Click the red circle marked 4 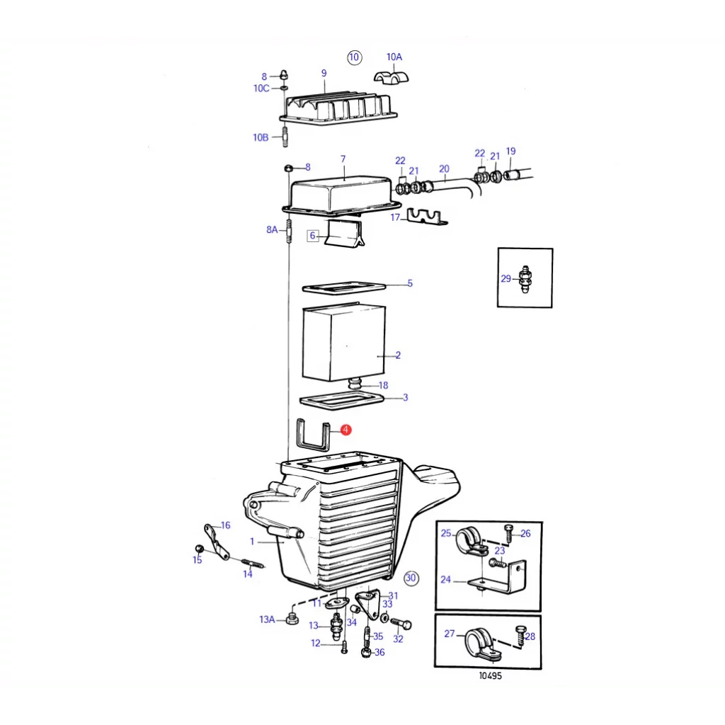(346, 430)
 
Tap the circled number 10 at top (354, 57)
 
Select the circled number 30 (411, 578)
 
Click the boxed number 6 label (313, 236)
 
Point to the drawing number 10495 (489, 675)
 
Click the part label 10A (394, 57)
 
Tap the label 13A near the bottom (266, 620)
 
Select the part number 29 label (506, 279)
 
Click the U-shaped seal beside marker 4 (312, 435)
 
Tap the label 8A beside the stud (273, 229)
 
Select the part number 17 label (395, 218)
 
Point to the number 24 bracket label (445, 579)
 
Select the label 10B (261, 137)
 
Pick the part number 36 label (379, 652)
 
